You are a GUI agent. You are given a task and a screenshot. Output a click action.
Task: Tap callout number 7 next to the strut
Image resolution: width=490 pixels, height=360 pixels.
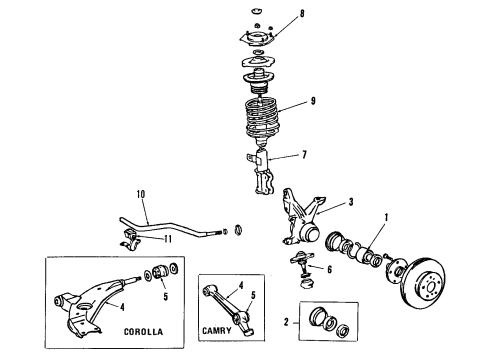[290, 155]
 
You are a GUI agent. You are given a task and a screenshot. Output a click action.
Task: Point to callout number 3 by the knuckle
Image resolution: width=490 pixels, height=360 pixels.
[350, 202]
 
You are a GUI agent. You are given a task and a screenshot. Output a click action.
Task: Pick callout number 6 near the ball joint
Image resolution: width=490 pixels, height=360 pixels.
[328, 270]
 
